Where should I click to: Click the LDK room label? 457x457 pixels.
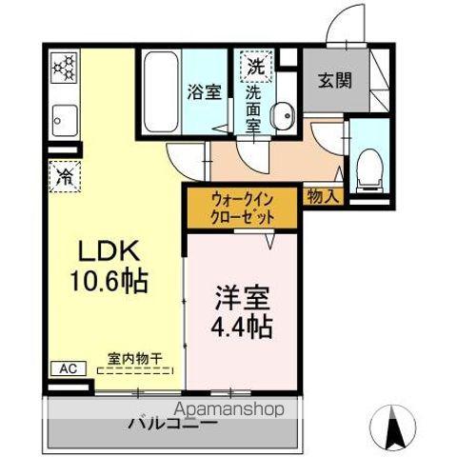click(x=110, y=250)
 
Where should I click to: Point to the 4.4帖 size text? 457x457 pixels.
click(x=239, y=328)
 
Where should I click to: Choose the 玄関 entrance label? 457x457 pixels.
click(x=334, y=80)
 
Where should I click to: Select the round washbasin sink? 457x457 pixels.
click(x=281, y=117)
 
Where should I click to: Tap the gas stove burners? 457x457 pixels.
click(x=63, y=68)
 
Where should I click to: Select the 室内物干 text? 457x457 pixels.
click(x=134, y=359)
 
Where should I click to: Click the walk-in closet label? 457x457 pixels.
click(x=243, y=209)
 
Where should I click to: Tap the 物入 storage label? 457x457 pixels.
click(x=324, y=196)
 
